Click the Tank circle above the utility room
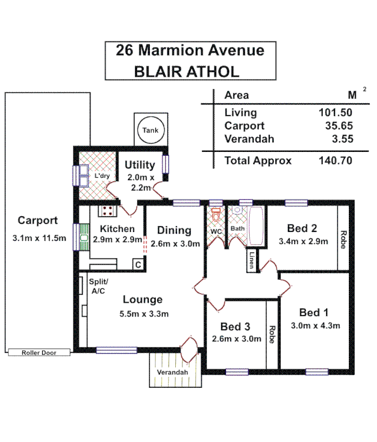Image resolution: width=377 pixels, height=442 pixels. pyautogui.click(x=150, y=130)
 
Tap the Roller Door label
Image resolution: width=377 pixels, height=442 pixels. pyautogui.click(x=38, y=352)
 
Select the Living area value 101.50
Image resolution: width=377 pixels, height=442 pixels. pyautogui.click(x=335, y=113)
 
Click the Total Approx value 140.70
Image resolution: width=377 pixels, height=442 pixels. pyautogui.click(x=335, y=161)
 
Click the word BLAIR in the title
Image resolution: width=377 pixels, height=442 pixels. pyautogui.click(x=159, y=71)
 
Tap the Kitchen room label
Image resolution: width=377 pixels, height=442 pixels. pyautogui.click(x=117, y=229)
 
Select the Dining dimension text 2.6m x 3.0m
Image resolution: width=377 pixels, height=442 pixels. pyautogui.click(x=174, y=243)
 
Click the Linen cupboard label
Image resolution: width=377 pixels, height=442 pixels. pyautogui.click(x=252, y=260)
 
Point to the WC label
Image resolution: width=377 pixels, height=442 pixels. pyautogui.click(x=215, y=231)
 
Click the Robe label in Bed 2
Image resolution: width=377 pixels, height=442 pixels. pyautogui.click(x=343, y=239)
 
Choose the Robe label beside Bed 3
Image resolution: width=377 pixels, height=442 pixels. pyautogui.click(x=271, y=334)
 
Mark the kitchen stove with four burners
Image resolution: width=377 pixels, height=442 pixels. pyautogui.click(x=107, y=211)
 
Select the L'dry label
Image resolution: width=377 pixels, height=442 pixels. pyautogui.click(x=102, y=176)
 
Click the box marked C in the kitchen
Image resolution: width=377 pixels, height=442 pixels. pyautogui.click(x=137, y=265)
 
